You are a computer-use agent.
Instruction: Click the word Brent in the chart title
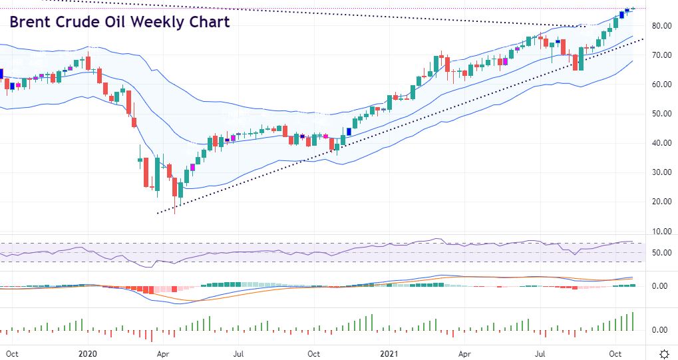[x=31, y=22]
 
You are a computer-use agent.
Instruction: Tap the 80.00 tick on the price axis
[x=661, y=26]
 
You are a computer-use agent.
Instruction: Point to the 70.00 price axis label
[x=661, y=55]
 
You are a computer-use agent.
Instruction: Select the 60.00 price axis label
[x=661, y=85]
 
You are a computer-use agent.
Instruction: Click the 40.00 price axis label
[x=661, y=143]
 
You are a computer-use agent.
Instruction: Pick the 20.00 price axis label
[x=661, y=202]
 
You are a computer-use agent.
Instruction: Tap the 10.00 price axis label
[x=661, y=232]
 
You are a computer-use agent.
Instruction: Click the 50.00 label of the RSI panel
[x=661, y=253]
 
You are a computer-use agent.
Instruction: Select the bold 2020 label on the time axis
[x=88, y=353]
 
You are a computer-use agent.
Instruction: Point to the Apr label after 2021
[x=465, y=353]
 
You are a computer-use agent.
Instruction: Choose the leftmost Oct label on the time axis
[x=12, y=353]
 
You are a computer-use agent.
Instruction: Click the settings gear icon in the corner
[x=663, y=353]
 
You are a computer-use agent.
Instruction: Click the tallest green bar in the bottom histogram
[x=633, y=321]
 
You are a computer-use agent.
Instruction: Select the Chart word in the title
[x=208, y=22]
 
